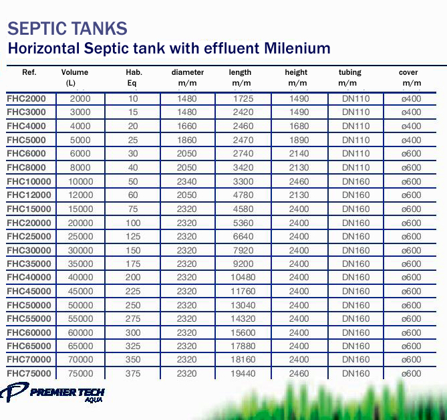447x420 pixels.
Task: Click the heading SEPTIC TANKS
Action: (x=67, y=28)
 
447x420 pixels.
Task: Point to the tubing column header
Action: (x=349, y=72)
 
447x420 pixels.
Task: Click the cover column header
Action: (x=408, y=72)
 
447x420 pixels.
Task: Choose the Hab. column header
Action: (x=134, y=72)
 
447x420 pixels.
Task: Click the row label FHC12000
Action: (x=29, y=195)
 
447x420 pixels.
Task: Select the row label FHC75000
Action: (x=29, y=374)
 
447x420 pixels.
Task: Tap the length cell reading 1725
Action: (x=243, y=99)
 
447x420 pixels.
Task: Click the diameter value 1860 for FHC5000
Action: (x=188, y=140)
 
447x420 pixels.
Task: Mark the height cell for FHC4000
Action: (x=299, y=126)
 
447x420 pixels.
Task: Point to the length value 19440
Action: (x=243, y=374)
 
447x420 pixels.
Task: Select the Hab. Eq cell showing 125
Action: (x=133, y=237)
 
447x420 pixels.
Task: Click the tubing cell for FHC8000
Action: (x=355, y=168)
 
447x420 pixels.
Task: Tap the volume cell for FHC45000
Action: (x=82, y=292)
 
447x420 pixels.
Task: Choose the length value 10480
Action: (x=243, y=278)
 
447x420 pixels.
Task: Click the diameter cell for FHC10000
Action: (x=188, y=182)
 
